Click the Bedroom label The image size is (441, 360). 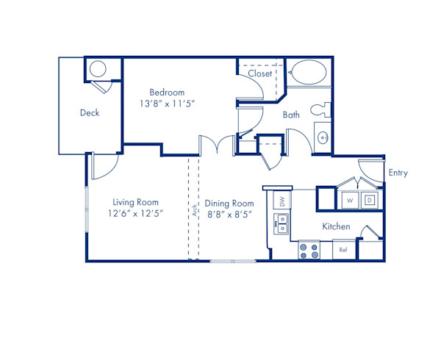pos(167,93)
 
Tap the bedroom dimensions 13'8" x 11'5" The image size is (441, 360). pos(167,104)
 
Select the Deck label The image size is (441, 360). pos(90,113)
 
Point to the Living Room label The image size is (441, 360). pos(135,202)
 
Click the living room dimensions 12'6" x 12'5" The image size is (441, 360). pos(135,214)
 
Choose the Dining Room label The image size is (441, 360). pos(229,204)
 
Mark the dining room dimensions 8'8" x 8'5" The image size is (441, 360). pos(229,215)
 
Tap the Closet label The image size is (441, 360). pos(259,73)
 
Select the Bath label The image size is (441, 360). pos(291,115)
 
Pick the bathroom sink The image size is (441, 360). pos(322,137)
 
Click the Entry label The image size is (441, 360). pos(398,173)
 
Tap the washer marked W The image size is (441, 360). pos(350,199)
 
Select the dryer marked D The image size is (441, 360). pos(370,199)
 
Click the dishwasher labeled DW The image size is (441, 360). pos(281,200)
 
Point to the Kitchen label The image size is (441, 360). pos(336,227)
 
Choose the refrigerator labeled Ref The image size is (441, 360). pos(343,251)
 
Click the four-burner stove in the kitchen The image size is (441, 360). pos(309,251)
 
